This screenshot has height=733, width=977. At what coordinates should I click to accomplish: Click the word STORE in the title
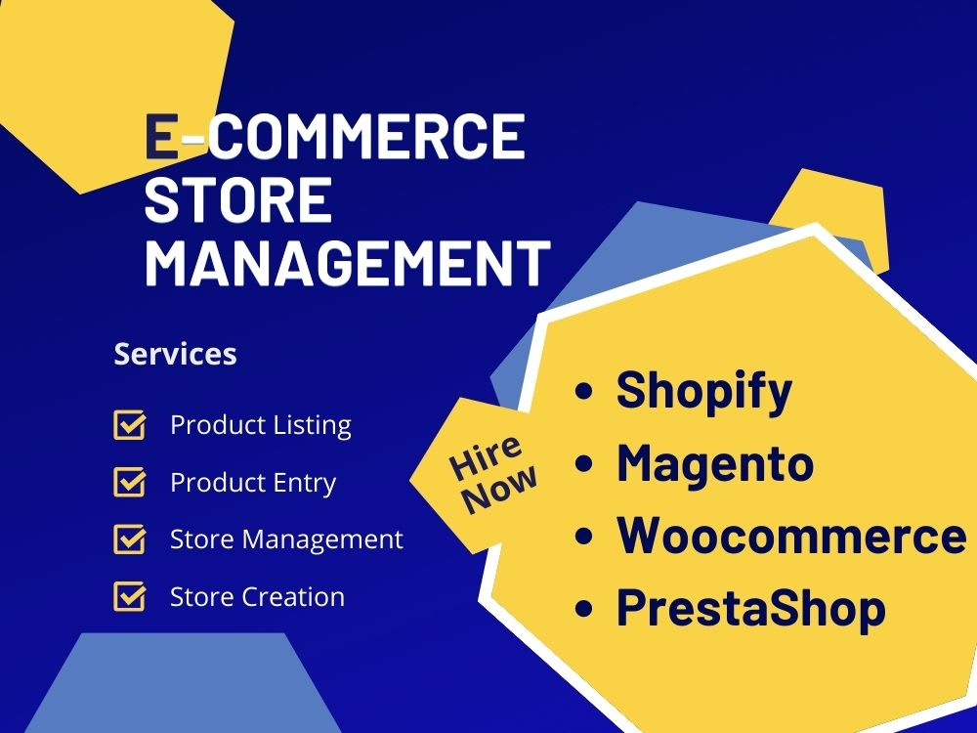tap(238, 199)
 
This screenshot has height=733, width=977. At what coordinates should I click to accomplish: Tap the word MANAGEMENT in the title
tap(348, 263)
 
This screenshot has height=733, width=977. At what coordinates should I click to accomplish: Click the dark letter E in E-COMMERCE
tap(161, 136)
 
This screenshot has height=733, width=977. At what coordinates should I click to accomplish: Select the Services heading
tap(175, 354)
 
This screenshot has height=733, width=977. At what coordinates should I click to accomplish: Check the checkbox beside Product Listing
tap(130, 425)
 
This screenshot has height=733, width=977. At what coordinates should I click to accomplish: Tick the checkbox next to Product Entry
tap(130, 483)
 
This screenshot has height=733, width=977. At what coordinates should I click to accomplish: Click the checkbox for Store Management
tap(130, 539)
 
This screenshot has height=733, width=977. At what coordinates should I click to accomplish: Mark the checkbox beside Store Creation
tap(130, 596)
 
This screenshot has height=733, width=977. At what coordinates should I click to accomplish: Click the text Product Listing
tap(261, 425)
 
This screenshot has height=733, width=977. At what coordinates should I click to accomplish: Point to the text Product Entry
tap(253, 483)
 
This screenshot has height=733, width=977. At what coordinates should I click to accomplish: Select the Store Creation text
tap(257, 597)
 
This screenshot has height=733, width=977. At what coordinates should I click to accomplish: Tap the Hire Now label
tap(492, 474)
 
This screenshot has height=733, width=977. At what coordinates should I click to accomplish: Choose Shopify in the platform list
tap(704, 392)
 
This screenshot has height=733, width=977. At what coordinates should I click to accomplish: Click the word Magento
tap(715, 463)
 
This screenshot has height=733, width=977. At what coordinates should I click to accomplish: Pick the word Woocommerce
tap(791, 536)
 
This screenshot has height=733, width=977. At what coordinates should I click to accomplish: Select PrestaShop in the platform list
tap(750, 608)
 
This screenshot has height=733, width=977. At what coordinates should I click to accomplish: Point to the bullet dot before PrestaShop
tap(584, 608)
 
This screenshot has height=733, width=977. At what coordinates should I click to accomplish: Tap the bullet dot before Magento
tap(584, 463)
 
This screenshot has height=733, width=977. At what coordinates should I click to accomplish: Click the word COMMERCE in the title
tap(365, 136)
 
